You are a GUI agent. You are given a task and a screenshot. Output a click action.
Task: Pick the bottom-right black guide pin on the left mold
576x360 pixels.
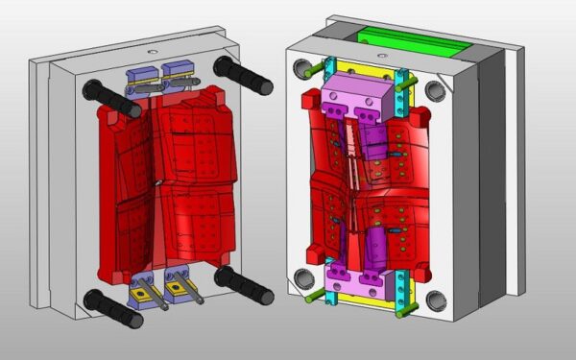pyautogui.click(x=245, y=284)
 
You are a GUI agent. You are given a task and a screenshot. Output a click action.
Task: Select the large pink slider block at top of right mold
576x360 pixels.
pyautogui.click(x=356, y=102)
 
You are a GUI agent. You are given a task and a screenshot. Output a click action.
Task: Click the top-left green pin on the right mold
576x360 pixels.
pyautogui.click(x=309, y=70)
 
